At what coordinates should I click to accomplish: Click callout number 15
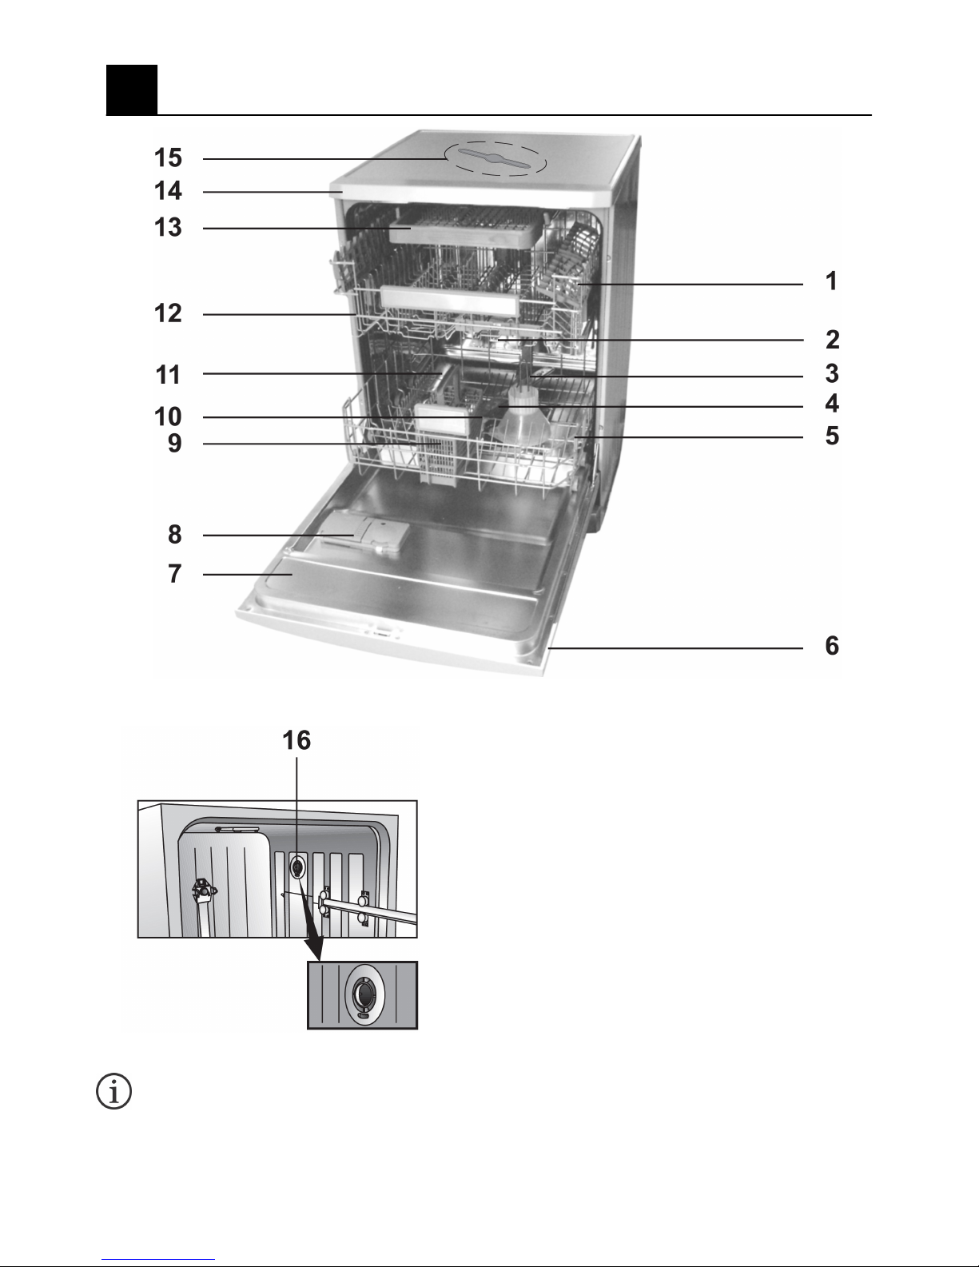pyautogui.click(x=168, y=157)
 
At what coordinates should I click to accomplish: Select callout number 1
pyautogui.click(x=832, y=281)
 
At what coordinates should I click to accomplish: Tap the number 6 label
pyautogui.click(x=832, y=645)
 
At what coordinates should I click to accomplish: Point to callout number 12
pyautogui.click(x=168, y=313)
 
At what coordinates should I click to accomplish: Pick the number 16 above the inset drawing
pyautogui.click(x=296, y=740)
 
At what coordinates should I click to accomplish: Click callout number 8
pyautogui.click(x=175, y=534)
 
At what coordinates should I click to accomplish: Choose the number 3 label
pyautogui.click(x=832, y=373)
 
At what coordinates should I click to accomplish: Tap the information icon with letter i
pyautogui.click(x=113, y=1091)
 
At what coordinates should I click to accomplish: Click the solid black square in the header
pyautogui.click(x=132, y=90)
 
